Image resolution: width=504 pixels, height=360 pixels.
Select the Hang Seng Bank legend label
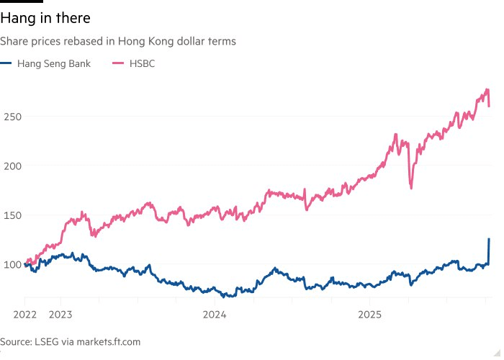pyautogui.click(x=54, y=63)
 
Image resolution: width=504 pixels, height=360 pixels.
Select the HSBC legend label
pyautogui.click(x=142, y=63)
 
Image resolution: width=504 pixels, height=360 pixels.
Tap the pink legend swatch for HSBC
pyautogui.click(x=118, y=63)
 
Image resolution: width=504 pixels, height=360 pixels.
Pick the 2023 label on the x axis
pyautogui.click(x=60, y=315)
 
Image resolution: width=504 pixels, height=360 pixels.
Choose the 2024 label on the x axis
pyautogui.click(x=215, y=315)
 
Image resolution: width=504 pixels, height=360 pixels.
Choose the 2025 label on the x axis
pyautogui.click(x=369, y=315)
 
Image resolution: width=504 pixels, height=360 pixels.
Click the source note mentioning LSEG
pyautogui.click(x=70, y=342)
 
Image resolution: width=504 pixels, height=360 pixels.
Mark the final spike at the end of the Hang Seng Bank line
pyautogui.click(x=489, y=240)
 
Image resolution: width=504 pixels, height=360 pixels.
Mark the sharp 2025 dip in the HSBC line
pyautogui.click(x=411, y=188)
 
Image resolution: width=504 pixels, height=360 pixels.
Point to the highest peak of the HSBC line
pyautogui.click(x=487, y=90)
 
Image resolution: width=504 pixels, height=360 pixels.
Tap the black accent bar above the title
pyautogui.click(x=22, y=1)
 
